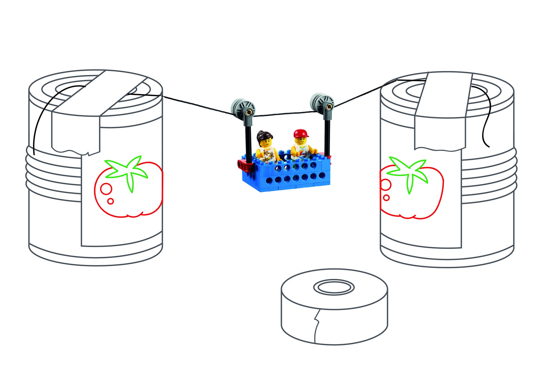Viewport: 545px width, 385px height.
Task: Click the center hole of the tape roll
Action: click(x=334, y=287)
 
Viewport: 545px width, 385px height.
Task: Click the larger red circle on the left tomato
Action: click(x=106, y=189)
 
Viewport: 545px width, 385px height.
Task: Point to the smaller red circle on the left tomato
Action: click(x=111, y=201)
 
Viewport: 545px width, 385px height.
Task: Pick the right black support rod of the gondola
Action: click(x=327, y=136)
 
